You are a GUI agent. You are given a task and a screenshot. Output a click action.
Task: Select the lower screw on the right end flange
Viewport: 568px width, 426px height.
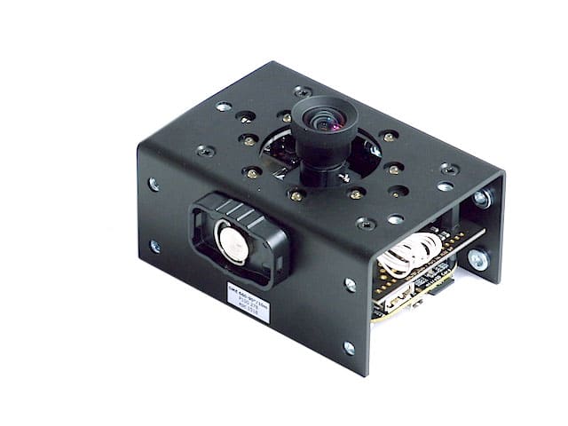[x=477, y=260]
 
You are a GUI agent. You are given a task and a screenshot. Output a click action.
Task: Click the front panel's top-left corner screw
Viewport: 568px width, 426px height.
[x=154, y=184]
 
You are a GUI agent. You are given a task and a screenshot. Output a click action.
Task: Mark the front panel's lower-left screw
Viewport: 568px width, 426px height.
[x=155, y=246]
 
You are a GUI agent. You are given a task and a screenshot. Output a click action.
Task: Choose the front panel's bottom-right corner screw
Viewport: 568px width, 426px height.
[x=349, y=348]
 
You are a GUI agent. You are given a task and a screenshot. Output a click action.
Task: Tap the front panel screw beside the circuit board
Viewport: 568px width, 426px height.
[x=350, y=285]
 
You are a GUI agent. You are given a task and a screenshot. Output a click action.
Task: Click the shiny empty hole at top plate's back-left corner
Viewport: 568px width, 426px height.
[x=224, y=106]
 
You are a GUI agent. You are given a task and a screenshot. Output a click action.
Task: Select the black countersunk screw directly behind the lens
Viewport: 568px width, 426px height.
[x=302, y=91]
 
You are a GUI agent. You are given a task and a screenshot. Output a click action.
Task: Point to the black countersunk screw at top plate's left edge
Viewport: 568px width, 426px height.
[x=205, y=151]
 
